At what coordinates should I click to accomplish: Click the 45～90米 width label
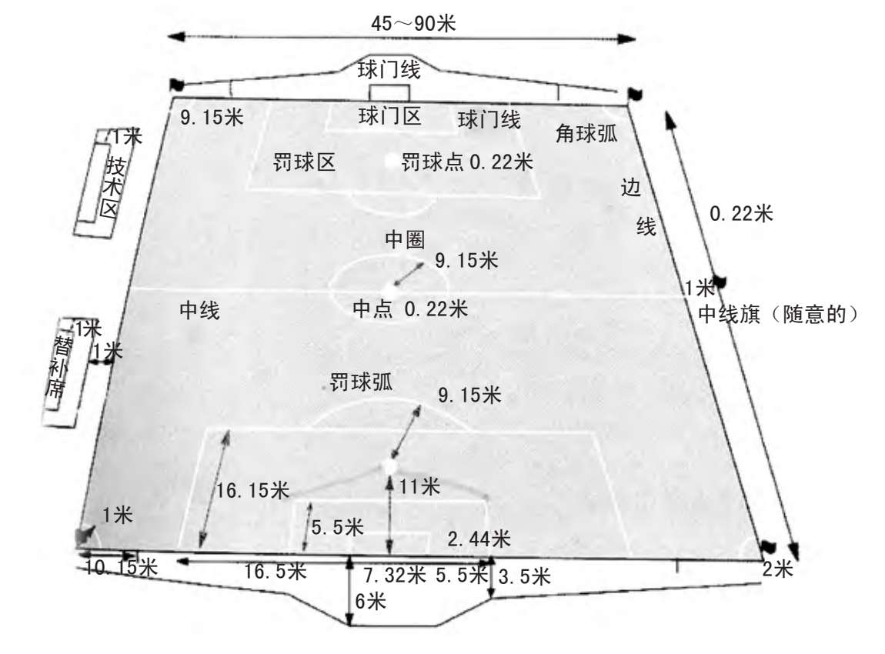413,23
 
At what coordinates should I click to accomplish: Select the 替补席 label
57,365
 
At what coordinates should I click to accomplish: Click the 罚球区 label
304,162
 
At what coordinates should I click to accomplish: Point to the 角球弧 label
586,133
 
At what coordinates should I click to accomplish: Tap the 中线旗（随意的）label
777,314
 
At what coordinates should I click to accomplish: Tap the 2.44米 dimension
479,539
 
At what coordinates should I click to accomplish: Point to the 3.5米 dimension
524,576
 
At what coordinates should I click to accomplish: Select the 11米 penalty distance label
419,486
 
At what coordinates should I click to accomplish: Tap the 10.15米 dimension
121,569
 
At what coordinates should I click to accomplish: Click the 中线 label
199,311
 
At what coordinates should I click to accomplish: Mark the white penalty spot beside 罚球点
392,162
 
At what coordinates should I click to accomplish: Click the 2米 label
776,569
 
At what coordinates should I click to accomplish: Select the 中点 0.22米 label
409,309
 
